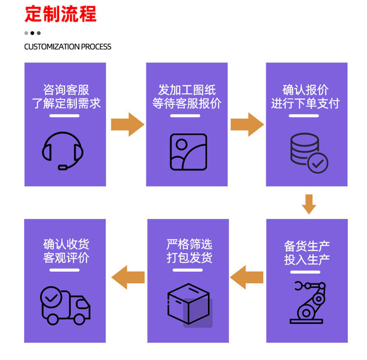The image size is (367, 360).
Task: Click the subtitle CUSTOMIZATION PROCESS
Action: coord(68,47)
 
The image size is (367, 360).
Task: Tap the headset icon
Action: coord(63,149)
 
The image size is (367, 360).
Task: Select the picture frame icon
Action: coord(188,151)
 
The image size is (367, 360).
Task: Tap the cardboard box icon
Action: coord(189,304)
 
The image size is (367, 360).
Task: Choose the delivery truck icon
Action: coord(65,306)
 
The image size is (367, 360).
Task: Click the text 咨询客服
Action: coord(66,90)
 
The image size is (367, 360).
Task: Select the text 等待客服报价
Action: coord(187,103)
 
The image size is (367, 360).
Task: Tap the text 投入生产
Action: coord(307,260)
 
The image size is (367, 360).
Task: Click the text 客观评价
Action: coord(66,258)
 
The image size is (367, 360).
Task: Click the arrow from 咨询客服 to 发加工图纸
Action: coord(127,124)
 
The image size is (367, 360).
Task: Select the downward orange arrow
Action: coord(308,204)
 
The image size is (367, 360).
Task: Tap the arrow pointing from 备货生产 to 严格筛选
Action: coord(247,277)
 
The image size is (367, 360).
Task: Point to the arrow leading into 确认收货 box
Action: coord(128,277)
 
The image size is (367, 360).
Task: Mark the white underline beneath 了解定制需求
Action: coord(64,116)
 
